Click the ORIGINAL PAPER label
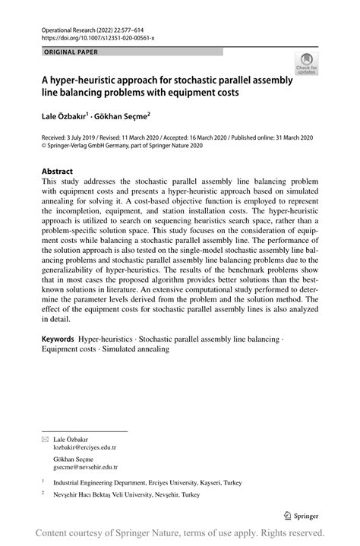(x=71, y=52)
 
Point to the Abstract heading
(x=62, y=172)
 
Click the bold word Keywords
(x=58, y=338)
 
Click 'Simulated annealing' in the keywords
(x=136, y=349)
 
